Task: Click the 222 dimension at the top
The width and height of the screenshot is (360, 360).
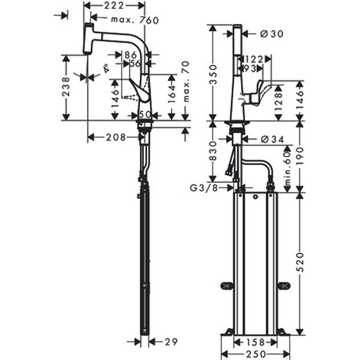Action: tap(113, 5)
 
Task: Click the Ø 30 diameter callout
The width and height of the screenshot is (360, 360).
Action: tap(261, 34)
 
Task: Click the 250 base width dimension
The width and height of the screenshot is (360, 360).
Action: tap(253, 354)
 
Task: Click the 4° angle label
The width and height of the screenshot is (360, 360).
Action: tap(106, 69)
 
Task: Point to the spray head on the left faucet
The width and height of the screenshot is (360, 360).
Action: tap(88, 40)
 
